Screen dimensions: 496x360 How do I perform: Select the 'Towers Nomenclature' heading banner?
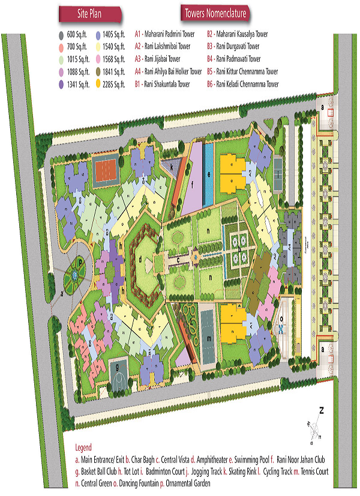(x=215, y=14)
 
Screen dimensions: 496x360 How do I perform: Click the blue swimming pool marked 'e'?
(x=208, y=175)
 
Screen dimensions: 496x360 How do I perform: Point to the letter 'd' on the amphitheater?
(x=140, y=259)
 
